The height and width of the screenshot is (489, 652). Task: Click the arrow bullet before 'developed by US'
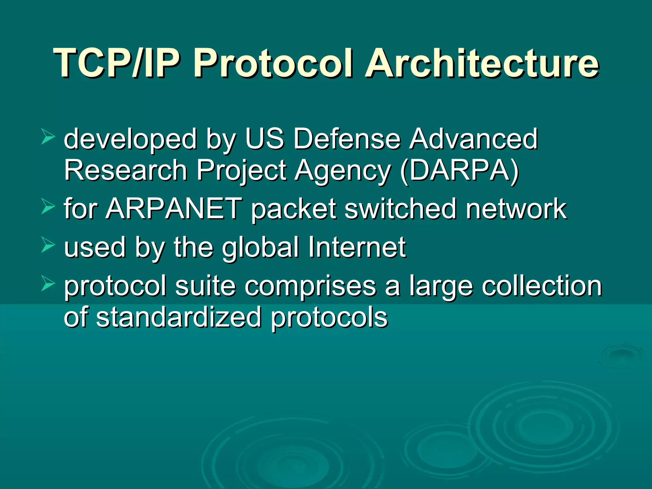(48, 138)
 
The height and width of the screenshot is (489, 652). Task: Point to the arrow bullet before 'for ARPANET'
(48, 207)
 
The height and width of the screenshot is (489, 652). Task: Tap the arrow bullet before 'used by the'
(48, 246)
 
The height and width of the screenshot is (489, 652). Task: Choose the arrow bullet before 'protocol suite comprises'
(48, 284)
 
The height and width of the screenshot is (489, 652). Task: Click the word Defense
(346, 139)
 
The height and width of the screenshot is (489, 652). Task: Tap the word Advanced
(473, 139)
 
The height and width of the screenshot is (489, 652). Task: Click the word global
(260, 247)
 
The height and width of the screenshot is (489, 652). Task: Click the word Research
(126, 171)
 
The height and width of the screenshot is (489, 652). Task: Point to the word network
(516, 209)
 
